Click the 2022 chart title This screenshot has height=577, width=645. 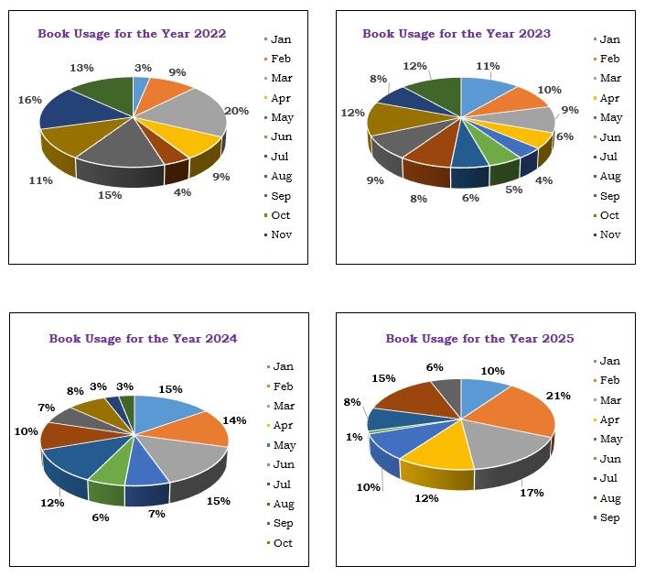click(x=132, y=34)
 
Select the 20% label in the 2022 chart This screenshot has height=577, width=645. click(x=236, y=111)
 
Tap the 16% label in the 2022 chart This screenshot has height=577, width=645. click(x=29, y=100)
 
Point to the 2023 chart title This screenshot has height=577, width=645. click(x=457, y=34)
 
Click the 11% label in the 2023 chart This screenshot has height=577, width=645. click(x=488, y=66)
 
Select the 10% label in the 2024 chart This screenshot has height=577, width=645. click(x=27, y=431)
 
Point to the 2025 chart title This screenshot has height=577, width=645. click(x=479, y=339)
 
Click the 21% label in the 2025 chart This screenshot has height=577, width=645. click(x=558, y=396)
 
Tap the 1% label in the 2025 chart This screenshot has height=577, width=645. click(x=354, y=437)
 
